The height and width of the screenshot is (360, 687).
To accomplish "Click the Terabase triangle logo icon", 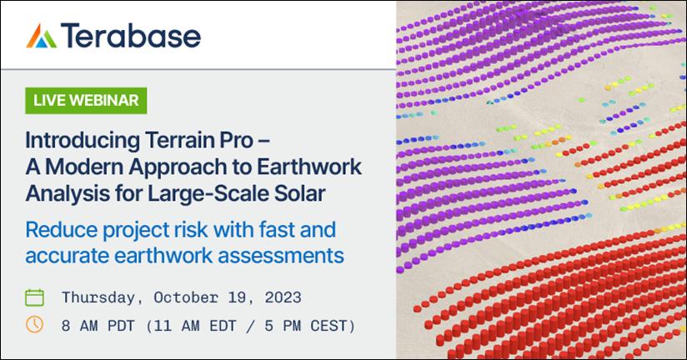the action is (42, 36).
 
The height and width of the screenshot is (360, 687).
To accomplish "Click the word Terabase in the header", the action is (131, 36).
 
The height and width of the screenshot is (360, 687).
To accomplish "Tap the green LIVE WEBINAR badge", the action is (86, 101).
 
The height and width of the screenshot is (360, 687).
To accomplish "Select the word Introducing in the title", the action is (83, 141).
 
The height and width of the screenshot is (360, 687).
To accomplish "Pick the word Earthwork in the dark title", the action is (309, 167).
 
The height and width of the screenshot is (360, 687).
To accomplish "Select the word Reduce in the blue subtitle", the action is (62, 229).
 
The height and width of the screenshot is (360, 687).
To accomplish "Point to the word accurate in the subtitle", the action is (67, 256).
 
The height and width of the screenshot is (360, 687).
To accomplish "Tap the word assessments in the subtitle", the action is (281, 256).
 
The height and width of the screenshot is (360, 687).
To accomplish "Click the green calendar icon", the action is (35, 297).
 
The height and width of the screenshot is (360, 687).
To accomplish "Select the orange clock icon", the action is (35, 325).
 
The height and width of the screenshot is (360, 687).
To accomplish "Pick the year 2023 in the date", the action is (283, 297).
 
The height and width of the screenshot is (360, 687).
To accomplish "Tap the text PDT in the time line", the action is (121, 327).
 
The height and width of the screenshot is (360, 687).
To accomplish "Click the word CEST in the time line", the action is (328, 327).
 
